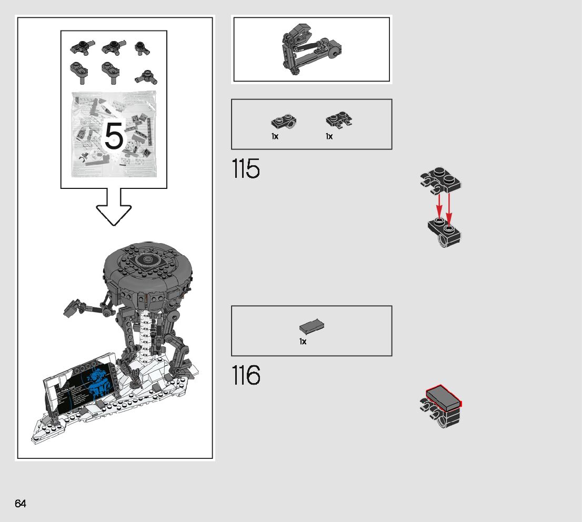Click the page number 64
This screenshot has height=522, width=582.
pyautogui.click(x=21, y=504)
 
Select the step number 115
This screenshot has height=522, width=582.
pyautogui.click(x=246, y=169)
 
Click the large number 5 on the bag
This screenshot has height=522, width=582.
pyautogui.click(x=114, y=136)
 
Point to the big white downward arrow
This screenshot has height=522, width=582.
pyautogui.click(x=114, y=208)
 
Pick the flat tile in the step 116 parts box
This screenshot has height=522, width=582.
pyautogui.click(x=312, y=327)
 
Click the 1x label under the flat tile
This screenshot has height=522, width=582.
pyautogui.click(x=303, y=342)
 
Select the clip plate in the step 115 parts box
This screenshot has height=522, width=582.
pyautogui.click(x=339, y=121)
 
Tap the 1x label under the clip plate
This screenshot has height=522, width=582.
pyautogui.click(x=329, y=137)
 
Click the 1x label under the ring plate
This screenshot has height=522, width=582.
pyautogui.click(x=275, y=137)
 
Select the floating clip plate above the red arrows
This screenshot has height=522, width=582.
pyautogui.click(x=440, y=180)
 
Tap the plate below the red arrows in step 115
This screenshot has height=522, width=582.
pyautogui.click(x=445, y=232)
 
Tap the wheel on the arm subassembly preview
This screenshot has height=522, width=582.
pyautogui.click(x=334, y=53)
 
